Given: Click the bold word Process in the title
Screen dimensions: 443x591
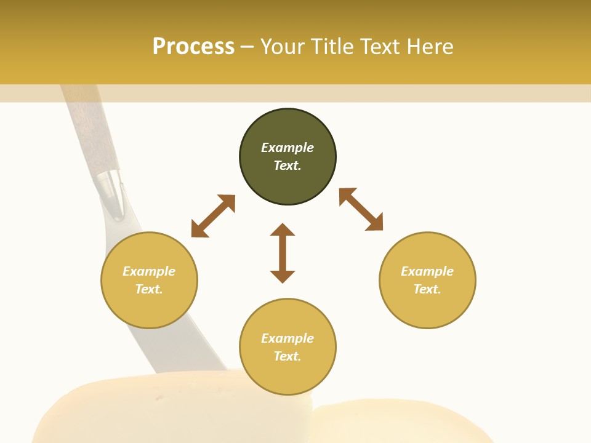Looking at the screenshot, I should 193,47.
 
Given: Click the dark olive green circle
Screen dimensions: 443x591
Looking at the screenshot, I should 287,157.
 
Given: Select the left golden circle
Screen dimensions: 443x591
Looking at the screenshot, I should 149,280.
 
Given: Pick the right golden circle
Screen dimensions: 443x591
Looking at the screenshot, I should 427,280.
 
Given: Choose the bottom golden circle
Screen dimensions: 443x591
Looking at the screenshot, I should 287,347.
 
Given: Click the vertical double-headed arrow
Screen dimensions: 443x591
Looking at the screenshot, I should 283,253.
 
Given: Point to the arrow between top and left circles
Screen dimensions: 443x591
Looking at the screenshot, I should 213,216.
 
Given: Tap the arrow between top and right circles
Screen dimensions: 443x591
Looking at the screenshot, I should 361,209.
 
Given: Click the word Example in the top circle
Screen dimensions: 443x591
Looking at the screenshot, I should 287,148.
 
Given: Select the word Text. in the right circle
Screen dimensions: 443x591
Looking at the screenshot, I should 427,289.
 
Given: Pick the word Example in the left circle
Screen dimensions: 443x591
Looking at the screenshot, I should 149,271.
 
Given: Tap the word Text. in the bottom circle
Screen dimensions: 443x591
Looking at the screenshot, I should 287,356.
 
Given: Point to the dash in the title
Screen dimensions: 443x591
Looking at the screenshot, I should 247,47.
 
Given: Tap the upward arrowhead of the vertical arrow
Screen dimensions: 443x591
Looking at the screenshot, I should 283,230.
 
